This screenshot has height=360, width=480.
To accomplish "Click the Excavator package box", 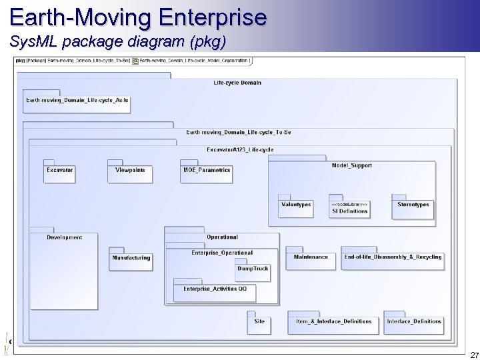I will point(60,173).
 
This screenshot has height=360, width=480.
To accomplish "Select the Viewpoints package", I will point(130,173).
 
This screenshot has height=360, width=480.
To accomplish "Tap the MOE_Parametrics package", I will point(207,173).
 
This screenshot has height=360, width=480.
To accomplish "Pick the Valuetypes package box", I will point(296,208).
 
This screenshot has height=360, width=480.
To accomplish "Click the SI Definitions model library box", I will point(349,208).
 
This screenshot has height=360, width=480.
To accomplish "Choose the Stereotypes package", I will point(413,208).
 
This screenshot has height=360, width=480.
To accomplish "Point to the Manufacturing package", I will point(131,260).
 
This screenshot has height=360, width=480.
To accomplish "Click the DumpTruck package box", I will point(253,271).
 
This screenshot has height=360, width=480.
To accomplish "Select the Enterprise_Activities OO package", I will point(215,291).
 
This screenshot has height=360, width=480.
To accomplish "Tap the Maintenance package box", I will point(311,259).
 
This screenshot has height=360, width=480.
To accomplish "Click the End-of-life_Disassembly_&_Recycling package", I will point(393,259).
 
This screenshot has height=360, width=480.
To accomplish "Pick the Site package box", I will point(259,323).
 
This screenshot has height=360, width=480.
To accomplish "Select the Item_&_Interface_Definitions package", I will point(334,323).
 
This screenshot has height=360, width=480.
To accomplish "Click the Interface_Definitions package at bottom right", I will point(414,323).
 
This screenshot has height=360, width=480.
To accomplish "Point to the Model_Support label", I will point(351,165).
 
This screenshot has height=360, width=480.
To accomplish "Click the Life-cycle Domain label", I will point(237,83).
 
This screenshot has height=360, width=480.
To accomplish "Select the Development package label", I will point(65,237).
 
